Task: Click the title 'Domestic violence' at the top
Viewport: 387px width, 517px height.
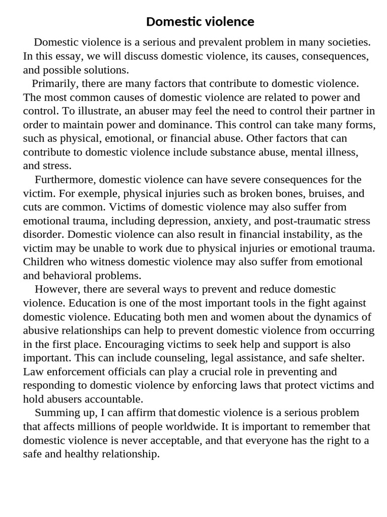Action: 200,22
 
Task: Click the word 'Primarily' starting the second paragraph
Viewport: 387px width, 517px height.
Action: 54,83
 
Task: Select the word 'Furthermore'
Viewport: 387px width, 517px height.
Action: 66,179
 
